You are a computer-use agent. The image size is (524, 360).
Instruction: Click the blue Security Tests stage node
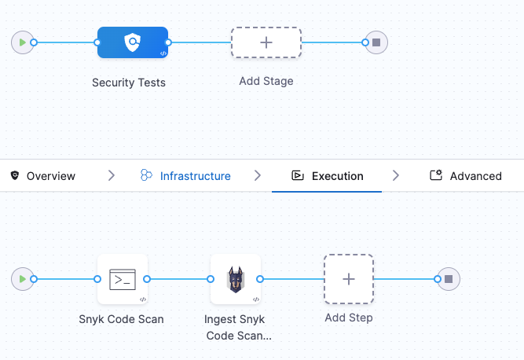pyautogui.click(x=132, y=42)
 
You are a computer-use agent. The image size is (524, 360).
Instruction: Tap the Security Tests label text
pyautogui.click(x=129, y=83)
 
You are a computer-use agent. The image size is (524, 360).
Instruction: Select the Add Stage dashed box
pyautogui.click(x=266, y=42)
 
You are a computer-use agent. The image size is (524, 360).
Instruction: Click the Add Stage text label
pyautogui.click(x=266, y=81)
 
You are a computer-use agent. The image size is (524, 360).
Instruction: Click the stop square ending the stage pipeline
pyautogui.click(x=376, y=42)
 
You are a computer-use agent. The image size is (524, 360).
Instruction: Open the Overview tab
pyautogui.click(x=50, y=176)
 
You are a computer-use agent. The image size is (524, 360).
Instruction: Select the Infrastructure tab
pyautogui.click(x=195, y=176)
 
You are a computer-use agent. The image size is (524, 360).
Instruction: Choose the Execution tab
pyautogui.click(x=337, y=176)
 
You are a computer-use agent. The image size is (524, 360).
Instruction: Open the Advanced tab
pyautogui.click(x=475, y=176)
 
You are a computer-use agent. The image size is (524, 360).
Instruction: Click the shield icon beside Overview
pyautogui.click(x=14, y=176)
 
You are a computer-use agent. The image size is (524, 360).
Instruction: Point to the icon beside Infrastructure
pyautogui.click(x=146, y=176)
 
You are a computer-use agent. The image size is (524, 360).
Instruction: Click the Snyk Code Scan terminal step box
pyautogui.click(x=123, y=279)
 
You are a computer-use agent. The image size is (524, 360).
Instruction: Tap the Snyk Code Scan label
pyautogui.click(x=121, y=319)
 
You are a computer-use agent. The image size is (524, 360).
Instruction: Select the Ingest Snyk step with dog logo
pyautogui.click(x=235, y=279)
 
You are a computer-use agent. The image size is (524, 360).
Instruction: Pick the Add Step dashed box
pyautogui.click(x=349, y=279)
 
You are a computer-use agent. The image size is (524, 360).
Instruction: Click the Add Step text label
pyautogui.click(x=349, y=318)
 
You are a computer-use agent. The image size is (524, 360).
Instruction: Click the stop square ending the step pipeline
pyautogui.click(x=448, y=279)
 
